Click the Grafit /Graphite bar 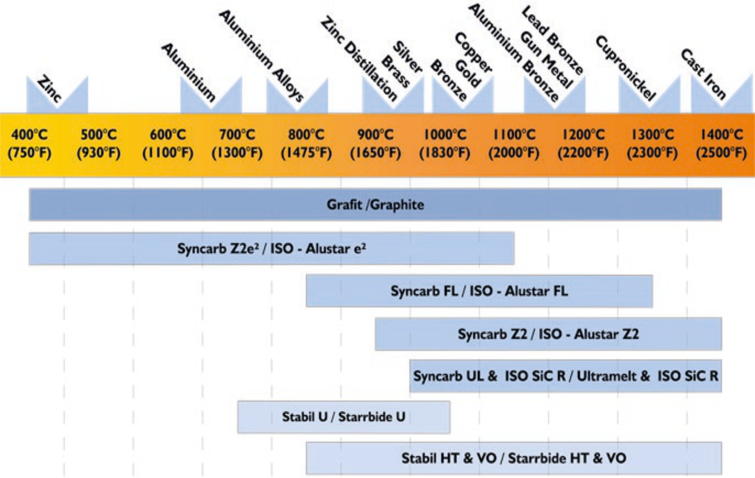[375, 204]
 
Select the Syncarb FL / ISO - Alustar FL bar [479, 291]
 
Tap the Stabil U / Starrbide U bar [343, 417]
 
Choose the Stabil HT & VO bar [514, 458]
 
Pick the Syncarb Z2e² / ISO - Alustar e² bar [271, 249]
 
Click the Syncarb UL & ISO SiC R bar [565, 376]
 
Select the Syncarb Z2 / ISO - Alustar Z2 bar [548, 334]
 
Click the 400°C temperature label [30, 135]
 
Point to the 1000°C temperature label [445, 135]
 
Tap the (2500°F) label [721, 153]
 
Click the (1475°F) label [306, 153]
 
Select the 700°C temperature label [237, 135]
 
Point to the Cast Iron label [703, 74]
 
